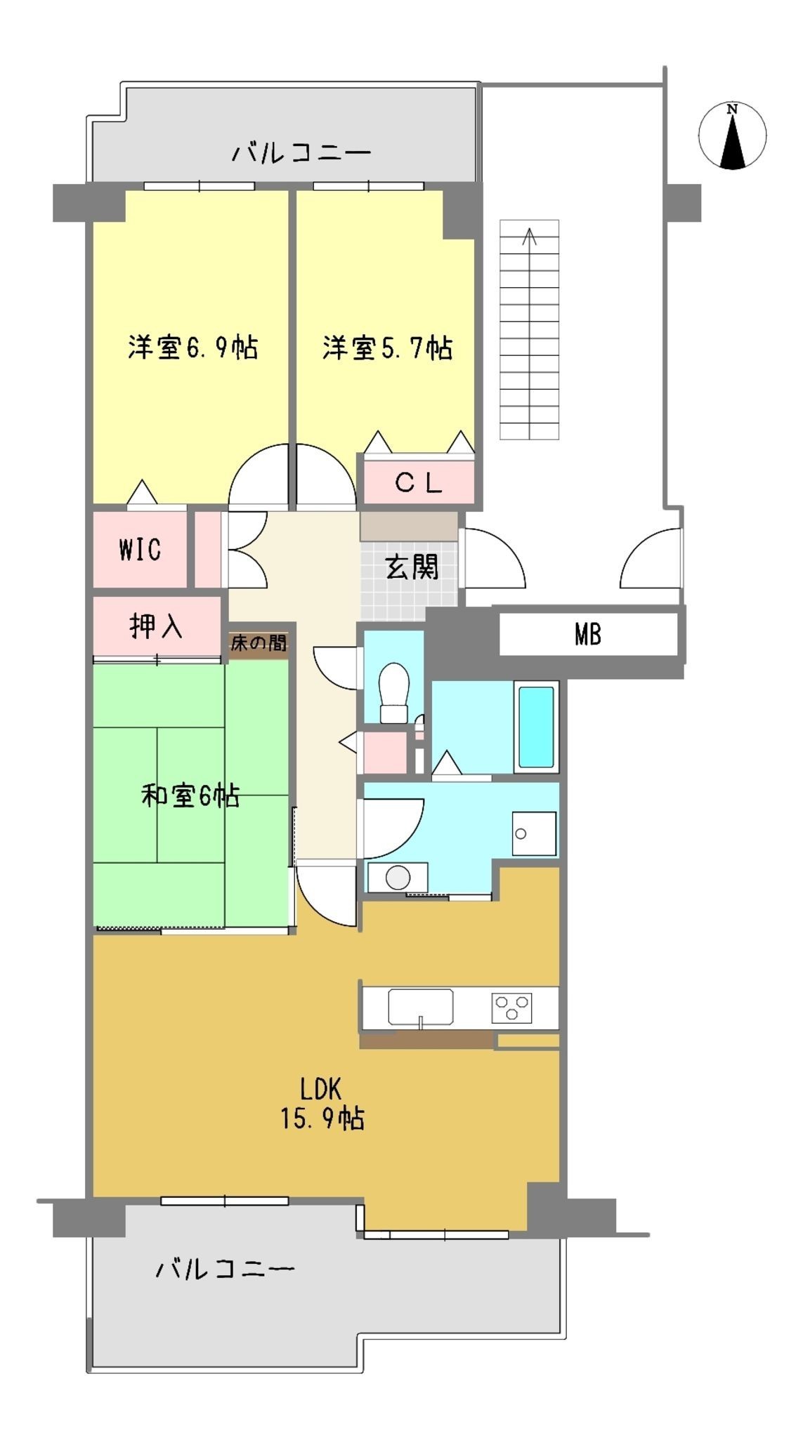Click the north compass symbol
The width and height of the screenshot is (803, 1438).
(x=732, y=136)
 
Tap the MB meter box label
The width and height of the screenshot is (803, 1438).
(x=588, y=635)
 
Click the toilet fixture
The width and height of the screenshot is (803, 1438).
(x=394, y=692)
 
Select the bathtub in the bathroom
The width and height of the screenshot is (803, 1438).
(x=536, y=727)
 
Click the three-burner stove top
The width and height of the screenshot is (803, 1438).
(x=512, y=1008)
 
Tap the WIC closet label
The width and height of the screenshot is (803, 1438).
(x=140, y=550)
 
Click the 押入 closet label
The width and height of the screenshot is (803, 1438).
(x=156, y=626)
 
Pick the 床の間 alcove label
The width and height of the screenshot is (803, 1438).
(x=259, y=642)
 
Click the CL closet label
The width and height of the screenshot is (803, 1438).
(x=419, y=482)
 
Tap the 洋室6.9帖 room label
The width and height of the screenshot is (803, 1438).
(x=192, y=348)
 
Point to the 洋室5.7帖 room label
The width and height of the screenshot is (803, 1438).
(x=387, y=348)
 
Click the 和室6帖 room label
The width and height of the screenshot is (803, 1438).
(x=190, y=796)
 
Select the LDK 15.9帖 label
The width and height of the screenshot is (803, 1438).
(x=322, y=1103)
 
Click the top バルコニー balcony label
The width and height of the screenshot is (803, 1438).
(x=301, y=152)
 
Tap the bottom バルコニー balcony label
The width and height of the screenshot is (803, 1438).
(x=225, y=1269)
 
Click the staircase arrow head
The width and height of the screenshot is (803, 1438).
(x=530, y=236)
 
